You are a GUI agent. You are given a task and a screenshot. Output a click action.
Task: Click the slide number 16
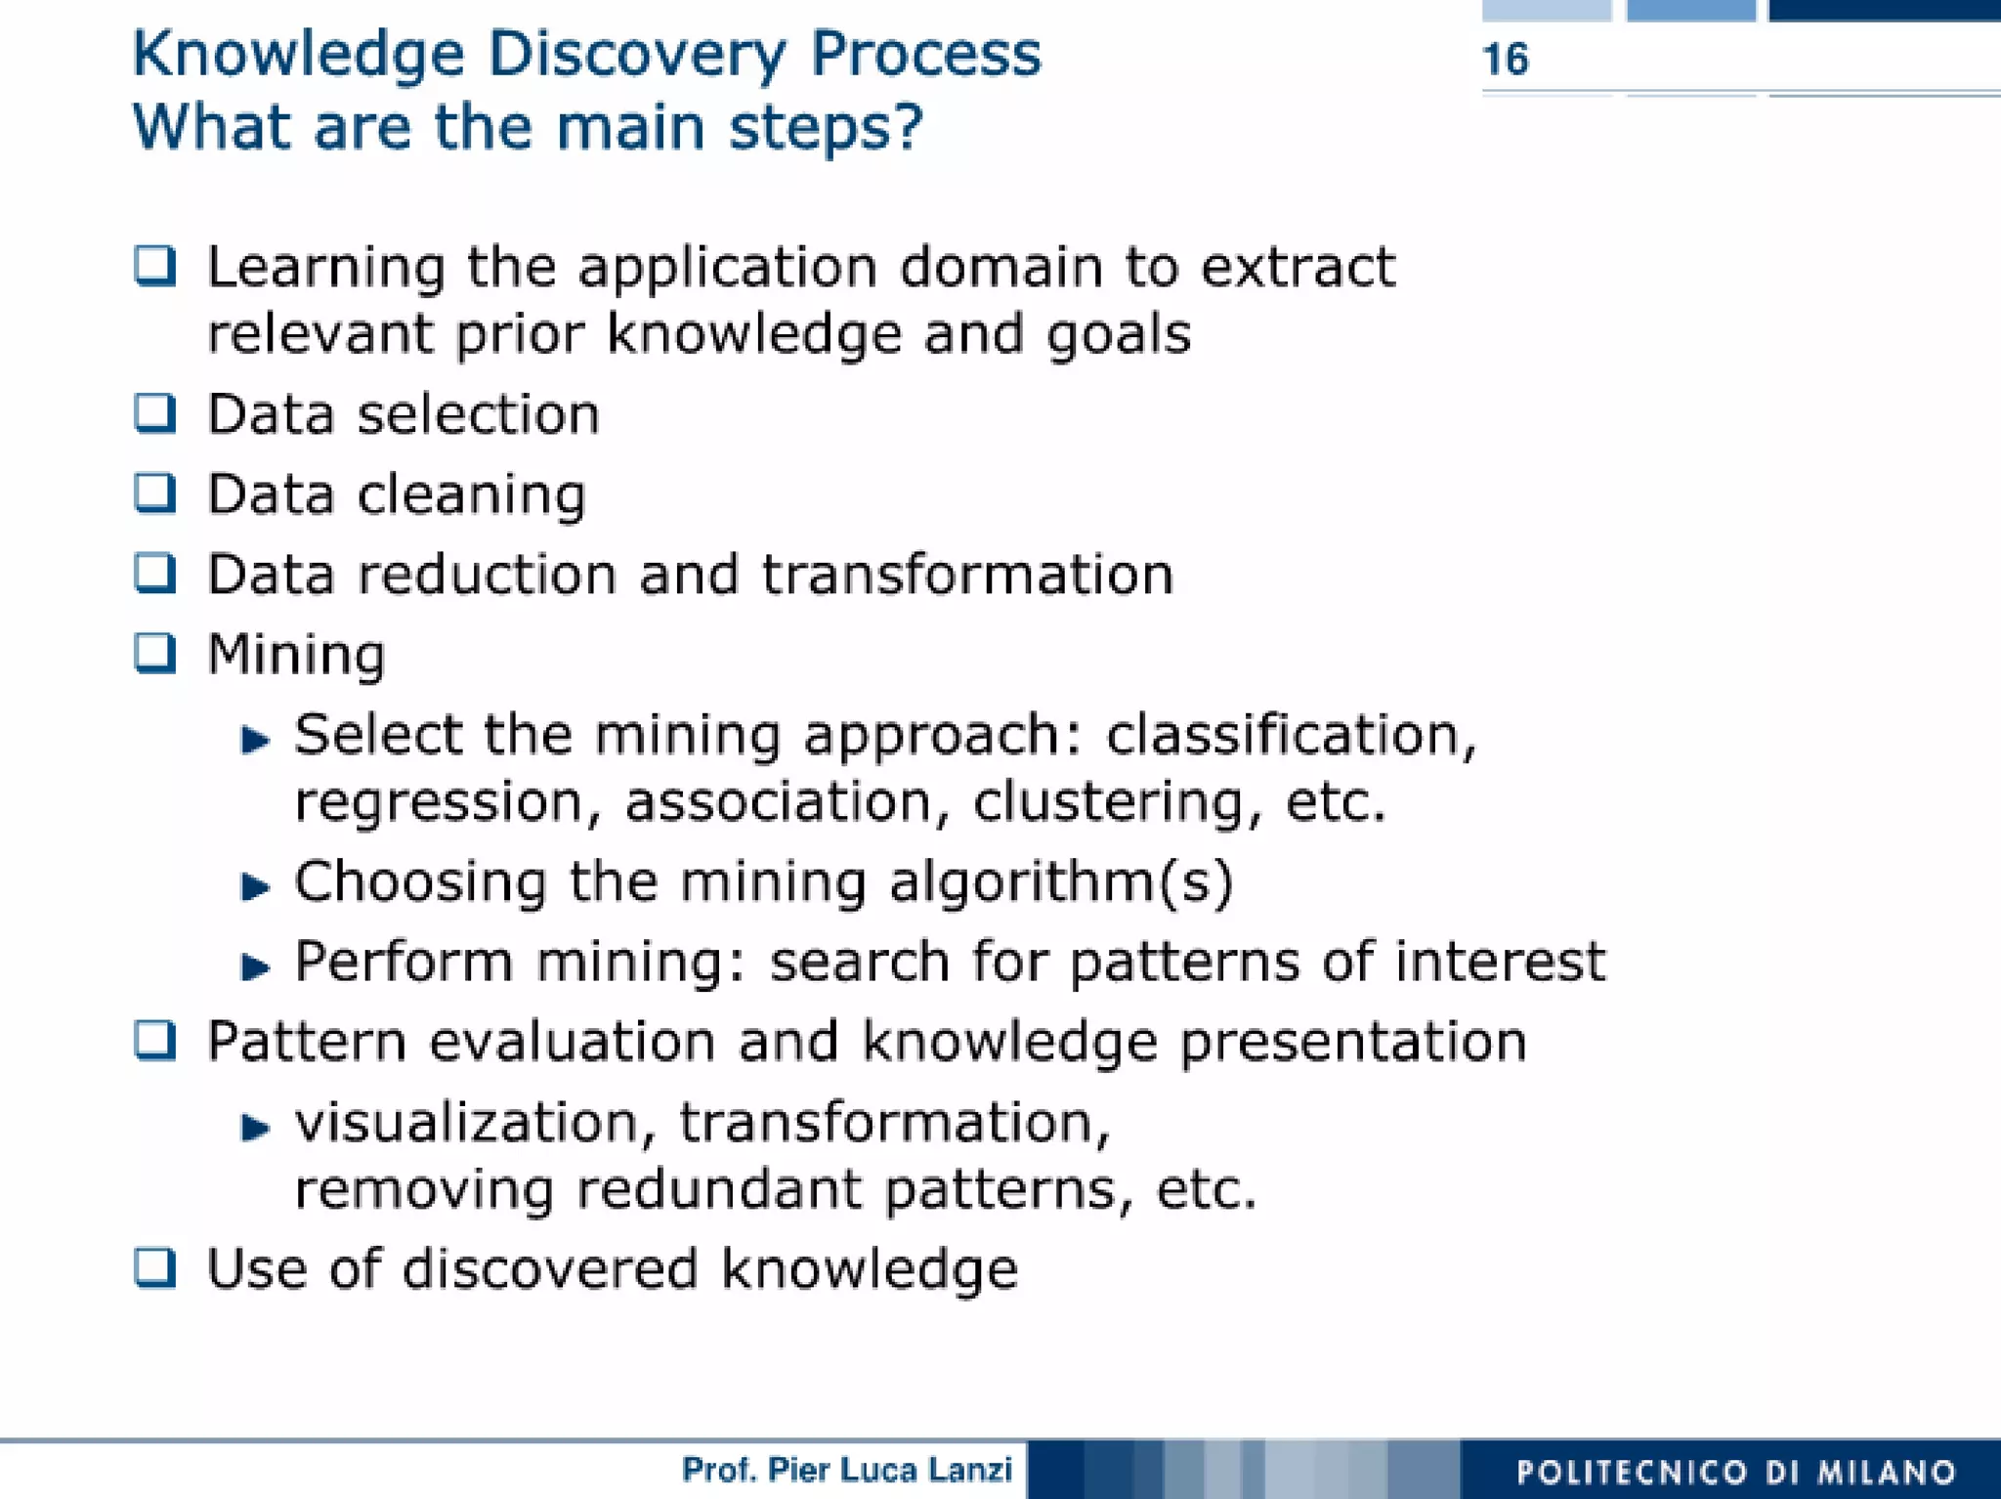1505,60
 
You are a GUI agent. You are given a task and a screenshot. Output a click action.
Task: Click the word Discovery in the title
636,54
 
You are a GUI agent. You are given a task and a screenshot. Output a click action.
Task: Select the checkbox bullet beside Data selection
154,412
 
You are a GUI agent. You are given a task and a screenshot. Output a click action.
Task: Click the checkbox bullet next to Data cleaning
154,493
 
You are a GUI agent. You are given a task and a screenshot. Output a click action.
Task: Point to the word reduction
488,574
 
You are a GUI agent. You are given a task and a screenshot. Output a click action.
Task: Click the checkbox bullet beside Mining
154,653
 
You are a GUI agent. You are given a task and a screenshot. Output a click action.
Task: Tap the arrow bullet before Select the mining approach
255,740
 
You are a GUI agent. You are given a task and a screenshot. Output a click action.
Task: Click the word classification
1290,735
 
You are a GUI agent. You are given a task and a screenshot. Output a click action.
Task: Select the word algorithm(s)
1061,882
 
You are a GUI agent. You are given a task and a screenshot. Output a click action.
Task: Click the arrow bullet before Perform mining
255,967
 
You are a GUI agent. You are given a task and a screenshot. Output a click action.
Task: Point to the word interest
1500,962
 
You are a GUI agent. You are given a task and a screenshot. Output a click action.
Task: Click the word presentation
1353,1043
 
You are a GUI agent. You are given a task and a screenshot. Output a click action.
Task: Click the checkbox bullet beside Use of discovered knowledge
154,1267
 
